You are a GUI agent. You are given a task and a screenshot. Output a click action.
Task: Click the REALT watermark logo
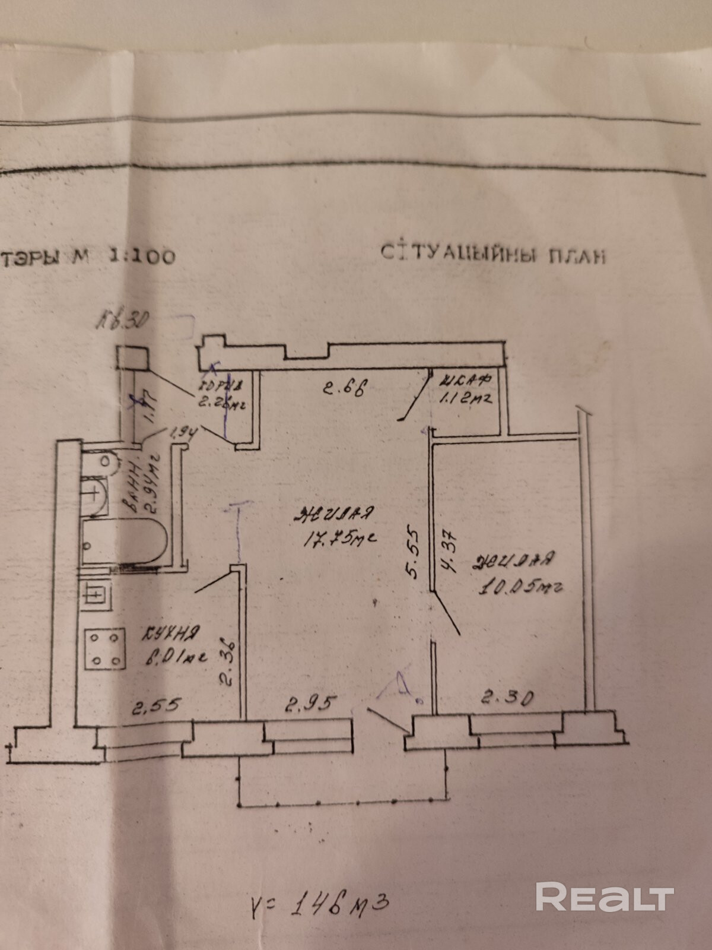605,896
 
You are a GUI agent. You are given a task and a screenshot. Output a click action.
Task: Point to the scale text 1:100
141,256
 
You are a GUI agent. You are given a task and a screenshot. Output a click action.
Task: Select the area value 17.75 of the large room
341,539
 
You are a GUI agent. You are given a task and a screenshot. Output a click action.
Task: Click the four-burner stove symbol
106,648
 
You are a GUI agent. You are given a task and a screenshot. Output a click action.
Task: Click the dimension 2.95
311,705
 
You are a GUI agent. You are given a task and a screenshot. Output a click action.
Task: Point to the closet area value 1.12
466,400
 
